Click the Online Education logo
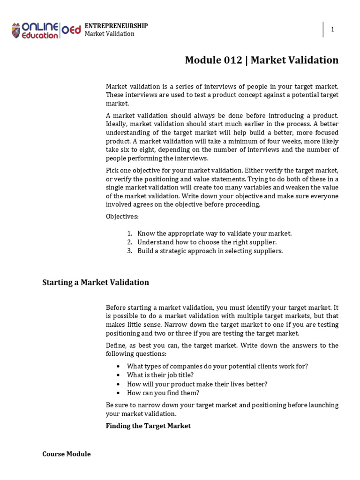point(46,30)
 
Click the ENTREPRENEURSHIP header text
point(116,26)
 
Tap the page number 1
point(332,30)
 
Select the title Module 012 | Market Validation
point(262,60)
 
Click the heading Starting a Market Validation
point(96,282)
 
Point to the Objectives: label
point(122,217)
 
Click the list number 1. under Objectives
point(130,233)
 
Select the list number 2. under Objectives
point(130,242)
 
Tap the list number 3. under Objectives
point(130,251)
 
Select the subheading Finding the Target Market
point(148,426)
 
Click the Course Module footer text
point(67,454)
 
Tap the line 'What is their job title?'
point(160,375)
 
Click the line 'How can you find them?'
point(163,393)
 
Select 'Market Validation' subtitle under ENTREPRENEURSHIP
point(109,34)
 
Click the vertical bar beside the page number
point(323,30)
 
